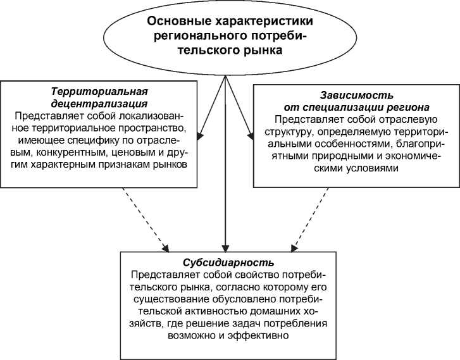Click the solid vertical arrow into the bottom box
[225, 190]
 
